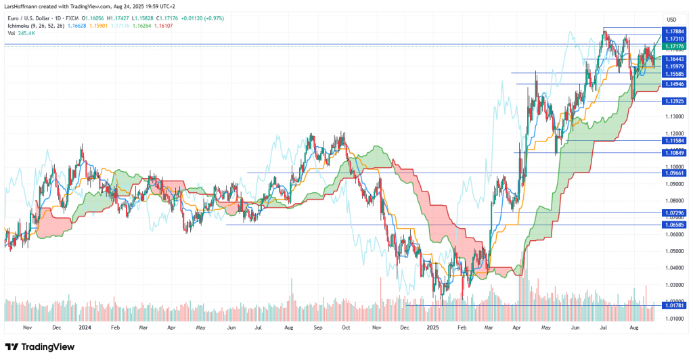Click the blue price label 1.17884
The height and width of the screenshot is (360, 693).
pos(675,30)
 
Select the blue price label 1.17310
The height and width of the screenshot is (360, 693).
pos(675,40)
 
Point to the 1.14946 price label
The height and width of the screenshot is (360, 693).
pos(675,84)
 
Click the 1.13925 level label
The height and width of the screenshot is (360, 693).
pos(675,101)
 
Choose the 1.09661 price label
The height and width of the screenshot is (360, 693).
pos(675,173)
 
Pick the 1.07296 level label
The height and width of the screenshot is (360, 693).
pos(675,212)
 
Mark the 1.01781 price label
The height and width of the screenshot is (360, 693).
pos(675,305)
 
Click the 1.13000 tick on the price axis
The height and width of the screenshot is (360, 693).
pos(674,116)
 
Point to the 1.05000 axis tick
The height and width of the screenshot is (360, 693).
pos(674,251)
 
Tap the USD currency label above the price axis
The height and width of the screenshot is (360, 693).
pos(672,19)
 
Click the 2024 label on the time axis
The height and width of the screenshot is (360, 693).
pos(85,326)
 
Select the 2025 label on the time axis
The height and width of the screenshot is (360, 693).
pos(433,326)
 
